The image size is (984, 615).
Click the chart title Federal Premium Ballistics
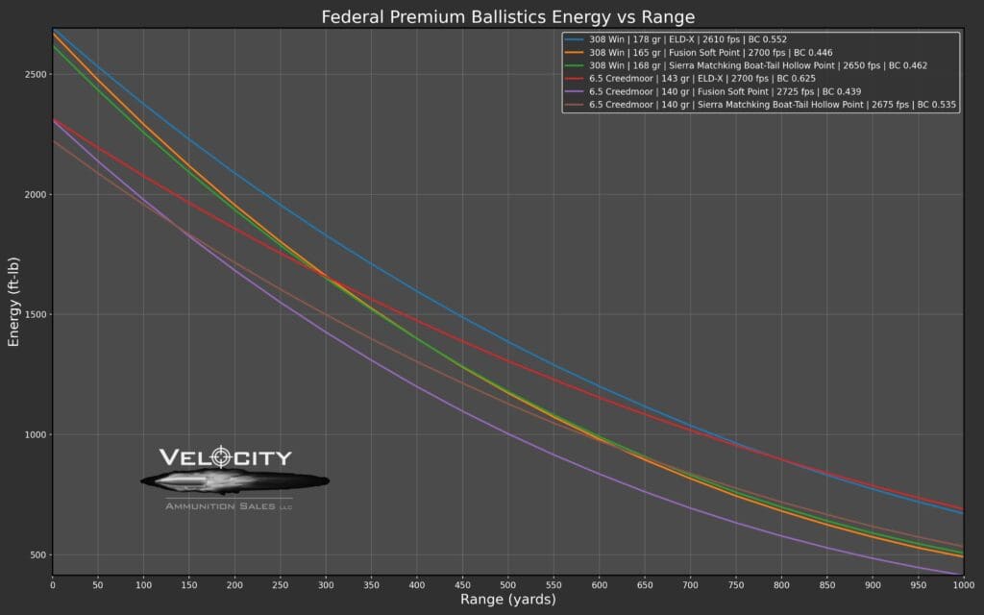click(x=507, y=17)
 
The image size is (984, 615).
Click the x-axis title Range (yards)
click(x=507, y=600)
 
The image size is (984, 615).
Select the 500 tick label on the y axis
click(x=37, y=555)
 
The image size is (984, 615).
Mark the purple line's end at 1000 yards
click(x=960, y=575)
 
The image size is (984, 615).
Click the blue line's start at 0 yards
click(x=54, y=31)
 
